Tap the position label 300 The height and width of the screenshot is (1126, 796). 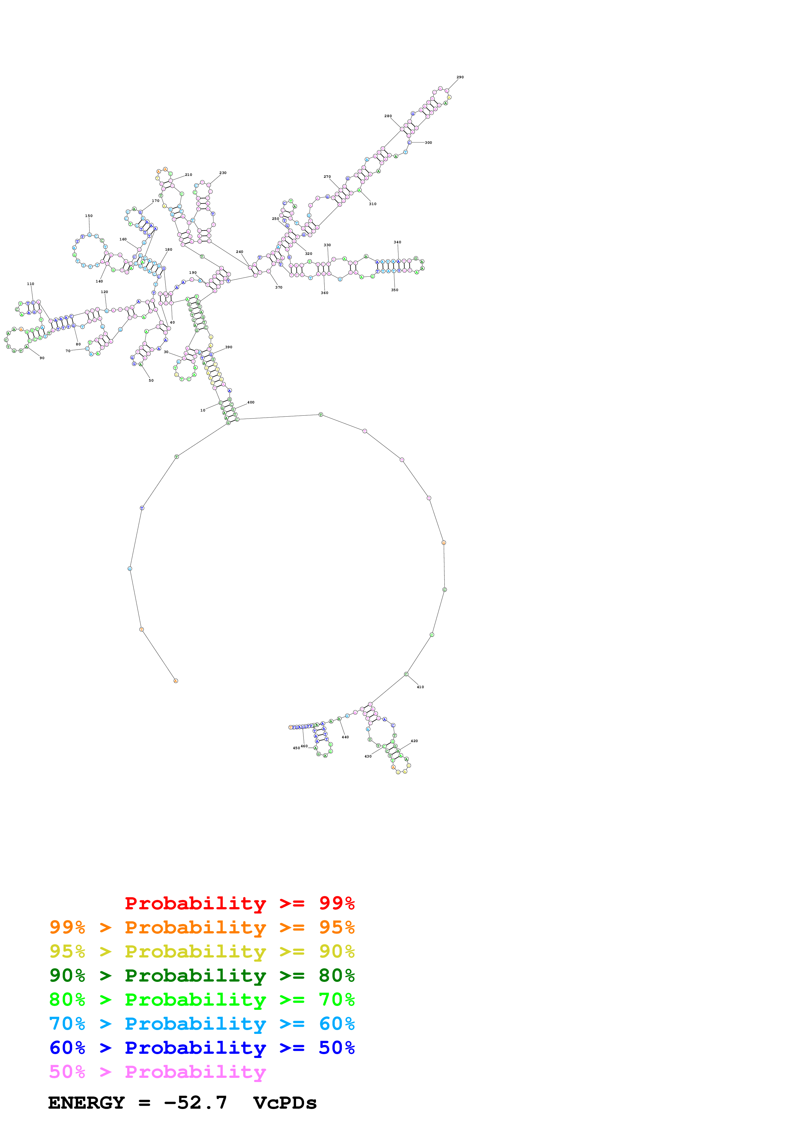[428, 143]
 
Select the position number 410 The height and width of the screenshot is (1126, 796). [420, 687]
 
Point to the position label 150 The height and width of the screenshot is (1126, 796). [89, 216]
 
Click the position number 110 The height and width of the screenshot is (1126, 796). [31, 284]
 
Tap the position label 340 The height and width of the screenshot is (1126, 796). [397, 242]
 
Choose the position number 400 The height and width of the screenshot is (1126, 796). [251, 402]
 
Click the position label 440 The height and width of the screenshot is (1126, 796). [345, 737]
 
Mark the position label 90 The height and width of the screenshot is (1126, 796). [42, 358]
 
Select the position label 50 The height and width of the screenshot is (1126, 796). [151, 381]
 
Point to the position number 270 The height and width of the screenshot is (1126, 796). [327, 177]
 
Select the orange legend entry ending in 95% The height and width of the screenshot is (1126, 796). [202, 927]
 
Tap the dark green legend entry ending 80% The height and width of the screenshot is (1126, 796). [202, 975]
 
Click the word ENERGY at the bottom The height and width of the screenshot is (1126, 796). [86, 1103]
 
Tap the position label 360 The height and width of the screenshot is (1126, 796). [324, 293]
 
